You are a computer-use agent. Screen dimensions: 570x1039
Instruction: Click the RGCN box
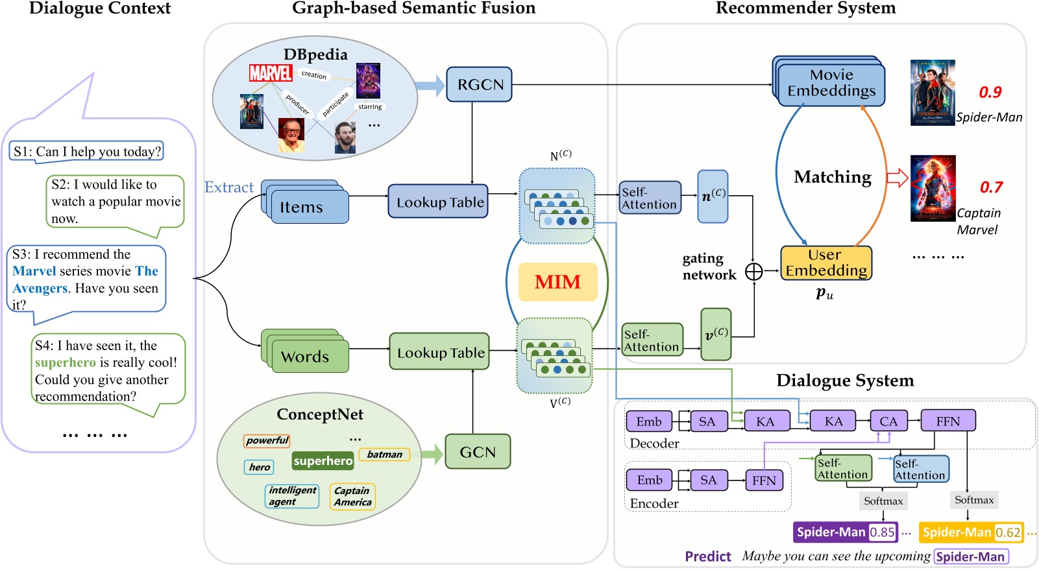pos(479,84)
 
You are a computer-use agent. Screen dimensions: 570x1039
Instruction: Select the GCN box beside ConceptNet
pos(478,451)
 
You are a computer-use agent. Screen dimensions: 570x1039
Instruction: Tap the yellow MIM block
pos(557,282)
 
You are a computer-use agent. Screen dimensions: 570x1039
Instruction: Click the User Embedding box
pos(826,263)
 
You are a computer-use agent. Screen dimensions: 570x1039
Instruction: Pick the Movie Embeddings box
pos(831,84)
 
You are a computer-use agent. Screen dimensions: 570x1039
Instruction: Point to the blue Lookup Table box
pos(439,202)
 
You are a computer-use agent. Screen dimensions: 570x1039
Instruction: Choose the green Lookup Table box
pos(440,352)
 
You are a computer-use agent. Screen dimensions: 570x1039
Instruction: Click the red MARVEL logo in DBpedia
pos(271,73)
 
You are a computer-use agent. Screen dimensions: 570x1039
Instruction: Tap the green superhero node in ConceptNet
pos(323,461)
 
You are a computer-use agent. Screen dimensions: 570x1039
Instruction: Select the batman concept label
pos(384,455)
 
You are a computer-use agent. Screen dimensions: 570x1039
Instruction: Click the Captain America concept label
pos(353,497)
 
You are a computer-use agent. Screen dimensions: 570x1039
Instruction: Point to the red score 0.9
pos(990,92)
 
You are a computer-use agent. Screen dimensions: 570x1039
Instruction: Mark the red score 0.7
pos(991,187)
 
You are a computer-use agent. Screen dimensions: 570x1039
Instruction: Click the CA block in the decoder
pos(888,422)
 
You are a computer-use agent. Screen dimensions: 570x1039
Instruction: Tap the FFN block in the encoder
pos(764,481)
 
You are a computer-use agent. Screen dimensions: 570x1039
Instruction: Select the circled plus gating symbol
pos(753,272)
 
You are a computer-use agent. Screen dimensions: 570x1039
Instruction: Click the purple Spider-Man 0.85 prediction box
pos(846,532)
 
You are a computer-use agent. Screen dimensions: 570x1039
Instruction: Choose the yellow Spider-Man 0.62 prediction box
pos(972,532)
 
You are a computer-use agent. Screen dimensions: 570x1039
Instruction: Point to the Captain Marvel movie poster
pos(933,188)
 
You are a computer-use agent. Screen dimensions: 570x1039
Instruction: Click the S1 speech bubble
pos(86,152)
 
